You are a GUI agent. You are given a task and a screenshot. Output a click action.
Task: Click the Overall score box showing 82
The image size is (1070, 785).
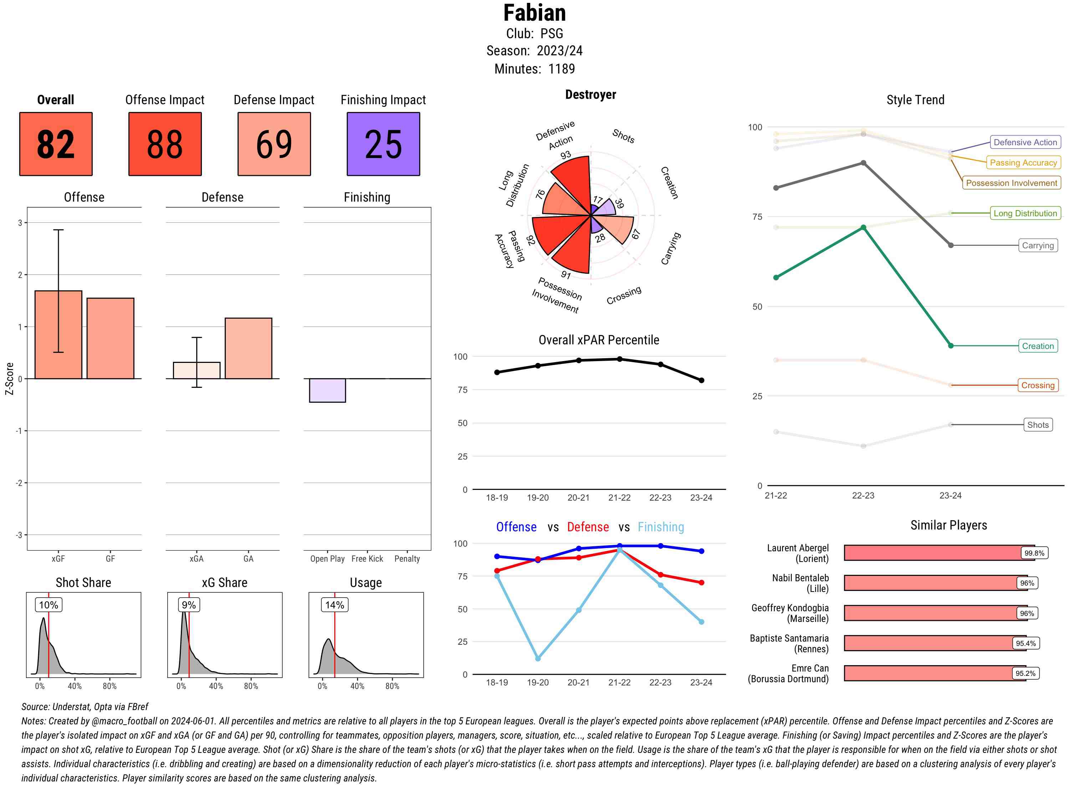coord(56,144)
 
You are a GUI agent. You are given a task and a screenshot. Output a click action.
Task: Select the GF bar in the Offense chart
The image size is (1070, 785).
coord(110,338)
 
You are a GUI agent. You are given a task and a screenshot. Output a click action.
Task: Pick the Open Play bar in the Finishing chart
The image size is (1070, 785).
coord(327,390)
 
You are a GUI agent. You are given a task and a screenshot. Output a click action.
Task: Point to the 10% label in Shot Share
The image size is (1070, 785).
coord(49,605)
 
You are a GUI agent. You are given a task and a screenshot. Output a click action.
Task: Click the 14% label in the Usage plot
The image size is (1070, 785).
coord(334,605)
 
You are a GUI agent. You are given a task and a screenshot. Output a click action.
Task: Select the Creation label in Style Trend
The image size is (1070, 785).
coord(1037,346)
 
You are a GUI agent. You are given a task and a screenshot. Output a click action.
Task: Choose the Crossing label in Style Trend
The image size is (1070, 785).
coord(1037,385)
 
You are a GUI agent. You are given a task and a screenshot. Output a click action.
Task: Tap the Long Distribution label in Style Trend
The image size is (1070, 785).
coord(1025,213)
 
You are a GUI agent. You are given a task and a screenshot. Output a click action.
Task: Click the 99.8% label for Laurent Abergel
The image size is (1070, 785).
coord(1034,553)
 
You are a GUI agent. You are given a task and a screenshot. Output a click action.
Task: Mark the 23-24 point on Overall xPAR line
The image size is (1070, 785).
coord(701,380)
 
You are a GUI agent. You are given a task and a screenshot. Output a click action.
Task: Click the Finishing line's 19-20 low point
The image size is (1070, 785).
coord(537,659)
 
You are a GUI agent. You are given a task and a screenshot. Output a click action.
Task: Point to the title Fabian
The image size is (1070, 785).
coord(534,13)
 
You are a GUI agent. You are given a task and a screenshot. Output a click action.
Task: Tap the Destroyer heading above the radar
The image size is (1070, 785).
coord(590,95)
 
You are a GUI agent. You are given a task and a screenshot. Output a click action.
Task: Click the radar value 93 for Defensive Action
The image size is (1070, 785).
coord(565,155)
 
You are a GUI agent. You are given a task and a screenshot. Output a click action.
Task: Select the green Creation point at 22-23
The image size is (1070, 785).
coord(863,228)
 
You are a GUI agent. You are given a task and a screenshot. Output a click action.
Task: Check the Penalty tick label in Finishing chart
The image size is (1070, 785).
coord(407,559)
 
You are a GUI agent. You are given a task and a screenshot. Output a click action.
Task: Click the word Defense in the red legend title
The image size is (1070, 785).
coord(587,527)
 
